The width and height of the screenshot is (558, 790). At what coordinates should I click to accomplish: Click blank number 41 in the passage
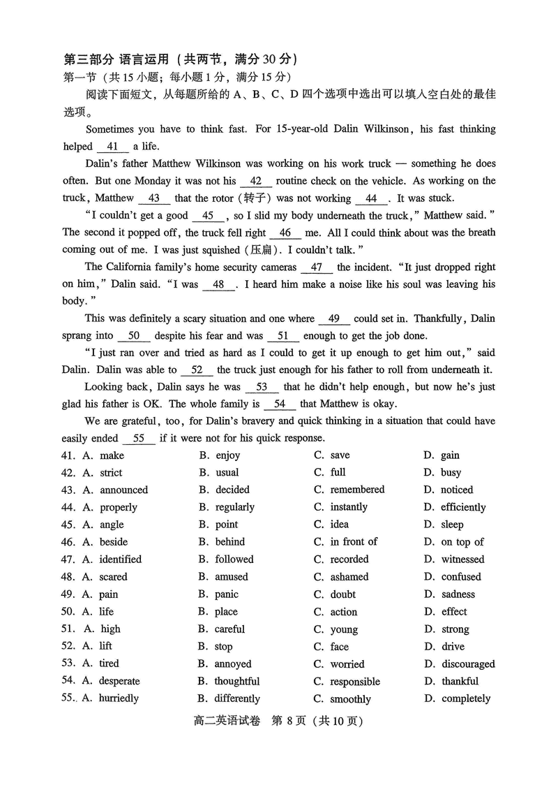tap(112, 147)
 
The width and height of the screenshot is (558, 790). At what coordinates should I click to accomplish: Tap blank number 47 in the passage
tap(317, 268)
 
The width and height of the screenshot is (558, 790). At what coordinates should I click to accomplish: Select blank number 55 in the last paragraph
tap(138, 439)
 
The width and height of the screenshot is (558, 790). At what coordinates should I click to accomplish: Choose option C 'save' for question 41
tap(340, 455)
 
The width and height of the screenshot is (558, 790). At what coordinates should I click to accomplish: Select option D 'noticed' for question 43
tap(457, 490)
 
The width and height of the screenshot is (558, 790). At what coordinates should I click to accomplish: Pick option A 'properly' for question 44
tap(118, 508)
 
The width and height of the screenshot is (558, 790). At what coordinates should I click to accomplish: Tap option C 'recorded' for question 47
tap(349, 559)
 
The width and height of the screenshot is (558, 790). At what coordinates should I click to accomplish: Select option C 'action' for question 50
tap(344, 612)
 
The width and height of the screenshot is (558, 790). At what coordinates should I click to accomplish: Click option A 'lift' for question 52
tap(105, 646)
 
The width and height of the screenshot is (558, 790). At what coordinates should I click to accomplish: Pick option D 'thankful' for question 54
tap(460, 681)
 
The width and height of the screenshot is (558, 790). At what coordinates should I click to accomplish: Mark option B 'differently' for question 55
tap(236, 698)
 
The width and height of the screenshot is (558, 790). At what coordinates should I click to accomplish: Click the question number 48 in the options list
tap(68, 577)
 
